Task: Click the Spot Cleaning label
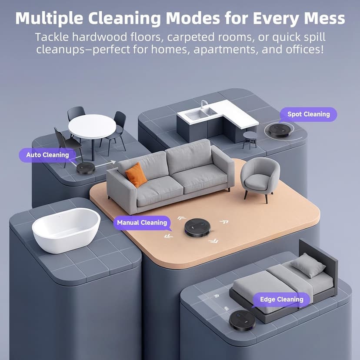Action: (x=309, y=114)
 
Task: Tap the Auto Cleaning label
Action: (x=47, y=155)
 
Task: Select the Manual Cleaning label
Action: (x=142, y=223)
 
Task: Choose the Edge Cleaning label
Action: (x=281, y=299)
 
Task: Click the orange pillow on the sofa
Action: (x=136, y=175)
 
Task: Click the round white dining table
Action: (x=92, y=126)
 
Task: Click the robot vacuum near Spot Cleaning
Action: (x=279, y=130)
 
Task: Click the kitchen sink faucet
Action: (x=203, y=104)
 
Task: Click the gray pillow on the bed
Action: (x=308, y=265)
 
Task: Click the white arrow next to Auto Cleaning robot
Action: (x=104, y=164)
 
